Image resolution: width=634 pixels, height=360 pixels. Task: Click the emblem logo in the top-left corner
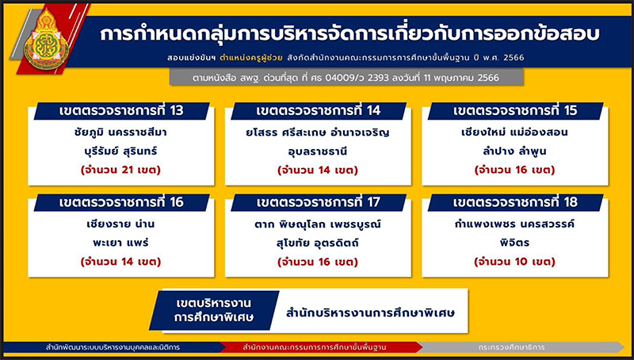(46, 39)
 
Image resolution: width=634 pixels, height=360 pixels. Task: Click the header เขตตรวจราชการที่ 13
(122, 111)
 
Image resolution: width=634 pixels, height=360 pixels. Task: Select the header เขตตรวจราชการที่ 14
(319, 111)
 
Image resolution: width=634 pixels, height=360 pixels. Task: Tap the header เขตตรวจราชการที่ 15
(516, 111)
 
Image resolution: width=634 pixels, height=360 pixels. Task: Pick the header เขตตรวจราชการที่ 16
(122, 202)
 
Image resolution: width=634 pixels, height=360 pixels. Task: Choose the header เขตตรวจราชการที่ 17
(319, 202)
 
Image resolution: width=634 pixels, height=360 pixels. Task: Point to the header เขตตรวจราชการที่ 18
(516, 202)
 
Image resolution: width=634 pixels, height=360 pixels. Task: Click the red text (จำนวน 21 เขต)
(121, 170)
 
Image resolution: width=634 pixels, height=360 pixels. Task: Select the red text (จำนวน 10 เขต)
(514, 262)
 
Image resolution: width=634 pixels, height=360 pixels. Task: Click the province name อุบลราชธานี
(318, 152)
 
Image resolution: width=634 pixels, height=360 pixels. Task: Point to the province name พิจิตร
(514, 243)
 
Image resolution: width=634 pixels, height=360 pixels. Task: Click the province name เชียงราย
(105, 224)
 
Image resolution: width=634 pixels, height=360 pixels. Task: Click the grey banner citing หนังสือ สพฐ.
(346, 77)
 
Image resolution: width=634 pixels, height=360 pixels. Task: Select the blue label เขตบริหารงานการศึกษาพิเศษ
(214, 310)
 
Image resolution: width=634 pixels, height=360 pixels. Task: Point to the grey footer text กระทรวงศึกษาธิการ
(511, 347)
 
